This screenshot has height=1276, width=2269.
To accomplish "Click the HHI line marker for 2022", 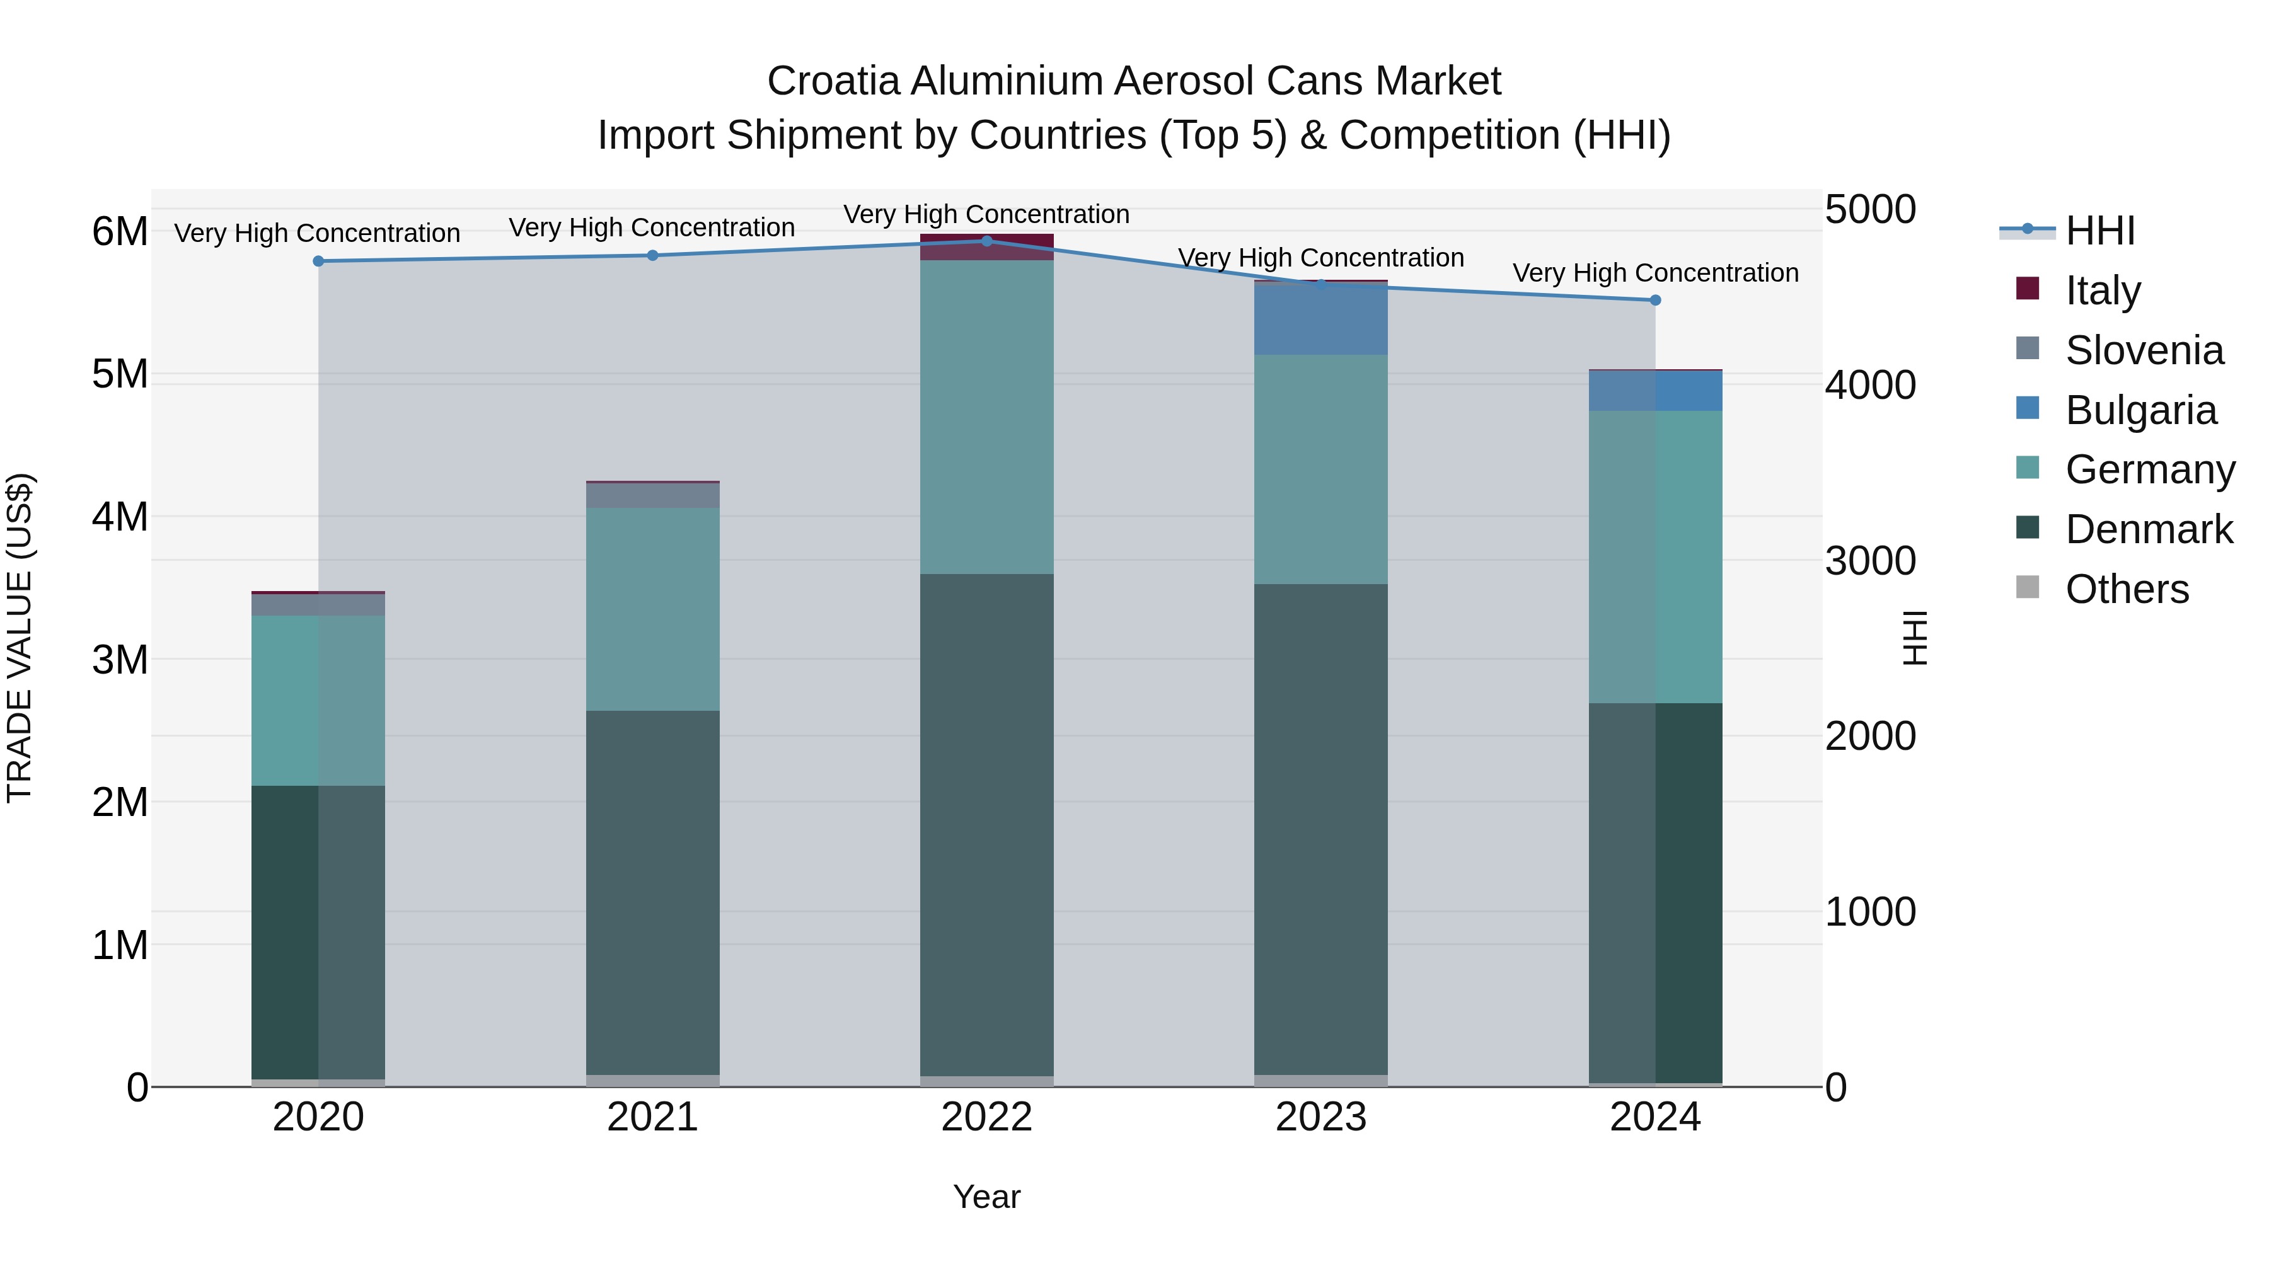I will [986, 241].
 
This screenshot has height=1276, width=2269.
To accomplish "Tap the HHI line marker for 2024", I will [1655, 301].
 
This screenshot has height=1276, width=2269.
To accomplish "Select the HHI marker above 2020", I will [319, 262].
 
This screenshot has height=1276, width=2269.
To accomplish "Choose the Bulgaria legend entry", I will [2140, 410].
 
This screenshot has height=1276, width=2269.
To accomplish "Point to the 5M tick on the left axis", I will [120, 374].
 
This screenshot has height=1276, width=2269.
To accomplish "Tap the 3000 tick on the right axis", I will [1870, 561].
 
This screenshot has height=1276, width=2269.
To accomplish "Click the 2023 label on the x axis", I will [1320, 1117].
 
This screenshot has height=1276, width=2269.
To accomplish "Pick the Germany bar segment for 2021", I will [653, 609].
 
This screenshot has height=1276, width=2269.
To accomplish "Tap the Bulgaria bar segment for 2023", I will [1320, 319].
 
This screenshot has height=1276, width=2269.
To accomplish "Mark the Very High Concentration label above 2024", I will [1655, 273].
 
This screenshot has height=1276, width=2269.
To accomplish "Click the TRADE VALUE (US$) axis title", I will [20, 638].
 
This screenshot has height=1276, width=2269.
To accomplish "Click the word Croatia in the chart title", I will [833, 81].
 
